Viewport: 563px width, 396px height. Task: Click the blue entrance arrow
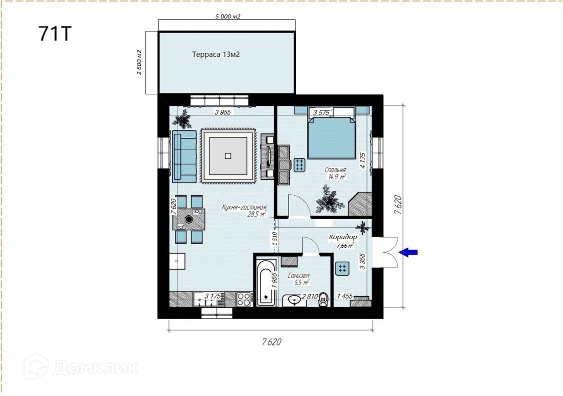pyautogui.click(x=408, y=252)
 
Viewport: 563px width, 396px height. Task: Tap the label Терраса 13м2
pyautogui.click(x=216, y=54)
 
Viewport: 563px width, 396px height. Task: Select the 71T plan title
pyautogui.click(x=55, y=34)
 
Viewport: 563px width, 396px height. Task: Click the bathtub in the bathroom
pyautogui.click(x=266, y=282)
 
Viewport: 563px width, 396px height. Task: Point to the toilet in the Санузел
pyautogui.click(x=323, y=299)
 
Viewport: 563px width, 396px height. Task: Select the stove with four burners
pyautogui.click(x=244, y=300)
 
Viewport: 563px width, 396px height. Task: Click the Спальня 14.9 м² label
pyautogui.click(x=335, y=173)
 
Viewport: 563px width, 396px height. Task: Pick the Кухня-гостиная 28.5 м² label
pyautogui.click(x=244, y=211)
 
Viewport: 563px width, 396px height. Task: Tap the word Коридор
pyautogui.click(x=343, y=237)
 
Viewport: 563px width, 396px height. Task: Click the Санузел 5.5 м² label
pyautogui.click(x=299, y=279)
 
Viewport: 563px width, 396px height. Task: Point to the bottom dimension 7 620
pyautogui.click(x=271, y=342)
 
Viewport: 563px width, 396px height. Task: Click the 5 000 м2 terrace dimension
pyautogui.click(x=227, y=16)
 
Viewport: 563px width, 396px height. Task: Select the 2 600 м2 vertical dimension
pyautogui.click(x=139, y=62)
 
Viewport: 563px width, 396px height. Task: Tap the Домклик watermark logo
pyautogui.click(x=81, y=367)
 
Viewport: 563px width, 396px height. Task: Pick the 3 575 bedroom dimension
pyautogui.click(x=321, y=113)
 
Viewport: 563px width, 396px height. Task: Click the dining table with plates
pyautogui.click(x=189, y=219)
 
